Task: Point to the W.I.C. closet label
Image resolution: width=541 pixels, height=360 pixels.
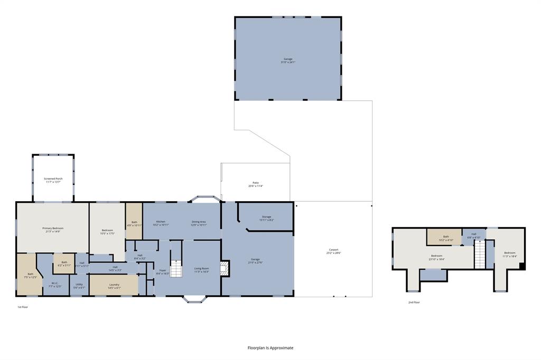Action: (55, 285)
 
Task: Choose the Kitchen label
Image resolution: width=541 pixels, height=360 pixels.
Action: (161, 223)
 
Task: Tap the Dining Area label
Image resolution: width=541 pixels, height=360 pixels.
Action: (199, 223)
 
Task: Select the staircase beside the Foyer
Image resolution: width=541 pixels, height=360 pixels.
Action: (175, 268)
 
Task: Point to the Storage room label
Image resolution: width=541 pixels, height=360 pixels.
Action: (266, 218)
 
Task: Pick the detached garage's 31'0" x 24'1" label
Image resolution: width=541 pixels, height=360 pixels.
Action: (288, 61)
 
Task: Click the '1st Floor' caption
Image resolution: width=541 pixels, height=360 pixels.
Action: (23, 307)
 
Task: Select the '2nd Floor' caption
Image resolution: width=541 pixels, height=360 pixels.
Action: (414, 302)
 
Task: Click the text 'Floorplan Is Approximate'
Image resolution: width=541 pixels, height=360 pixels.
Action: (270, 348)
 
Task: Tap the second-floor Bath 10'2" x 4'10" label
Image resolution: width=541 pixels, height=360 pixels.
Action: (445, 238)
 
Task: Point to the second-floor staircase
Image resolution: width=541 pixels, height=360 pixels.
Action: (479, 258)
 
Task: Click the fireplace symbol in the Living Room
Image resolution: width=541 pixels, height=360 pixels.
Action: (225, 269)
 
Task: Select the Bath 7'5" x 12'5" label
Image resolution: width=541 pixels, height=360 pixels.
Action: (31, 275)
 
